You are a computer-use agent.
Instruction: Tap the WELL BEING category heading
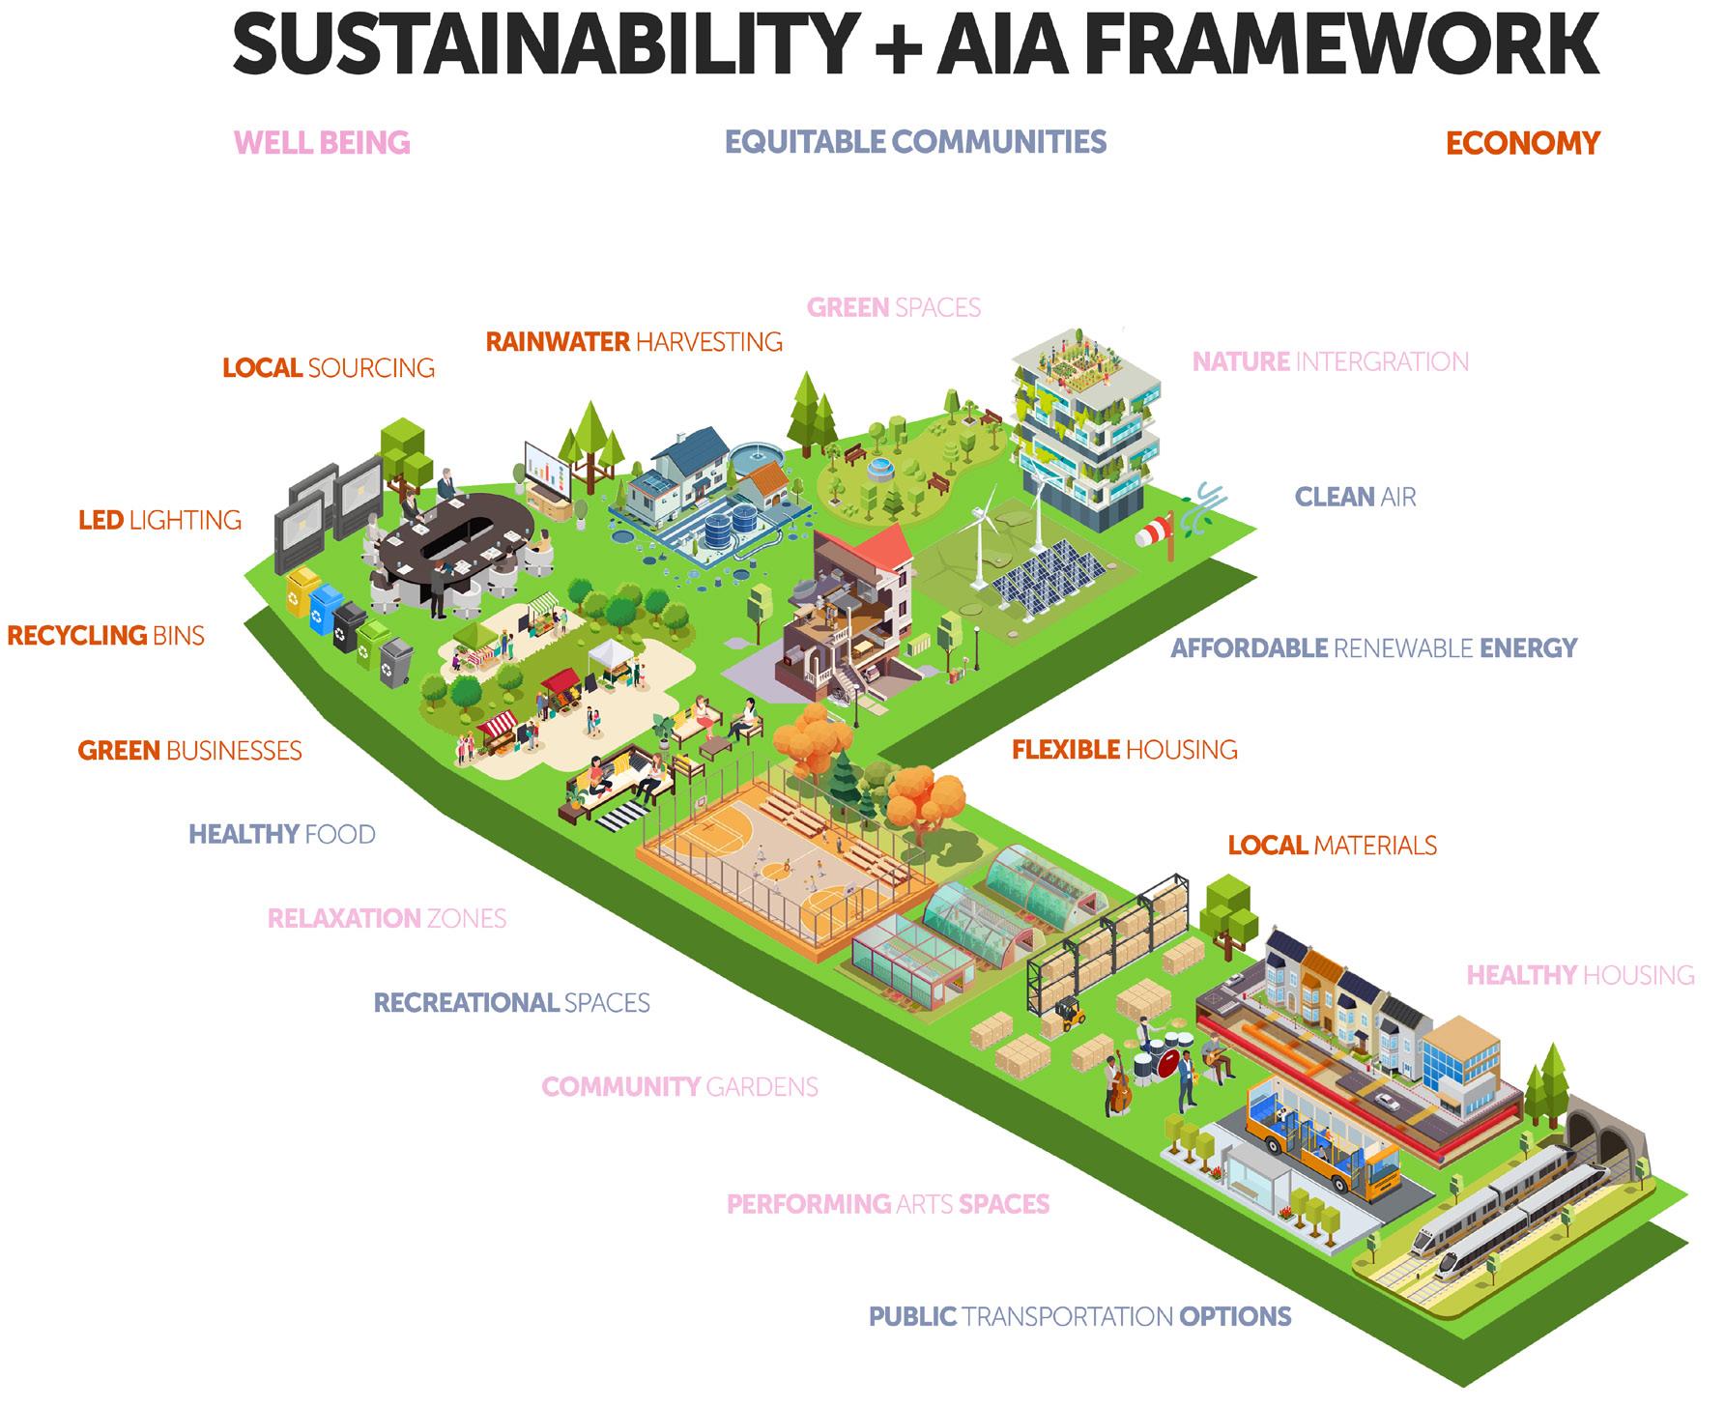point(322,143)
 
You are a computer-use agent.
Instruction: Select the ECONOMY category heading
point(1522,143)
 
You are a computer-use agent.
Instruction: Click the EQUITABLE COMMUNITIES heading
point(915,142)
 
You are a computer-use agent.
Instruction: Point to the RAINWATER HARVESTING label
point(634,341)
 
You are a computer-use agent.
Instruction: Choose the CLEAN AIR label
point(1355,497)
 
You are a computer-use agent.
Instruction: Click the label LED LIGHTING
point(159,520)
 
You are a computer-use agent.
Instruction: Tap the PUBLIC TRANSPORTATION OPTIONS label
point(1079,1316)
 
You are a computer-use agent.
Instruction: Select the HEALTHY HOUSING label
point(1580,975)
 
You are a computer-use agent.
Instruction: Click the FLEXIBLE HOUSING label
point(1124,749)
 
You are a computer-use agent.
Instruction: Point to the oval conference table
point(454,527)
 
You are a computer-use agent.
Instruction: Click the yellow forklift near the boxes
point(1069,1014)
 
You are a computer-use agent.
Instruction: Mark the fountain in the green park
point(877,469)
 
